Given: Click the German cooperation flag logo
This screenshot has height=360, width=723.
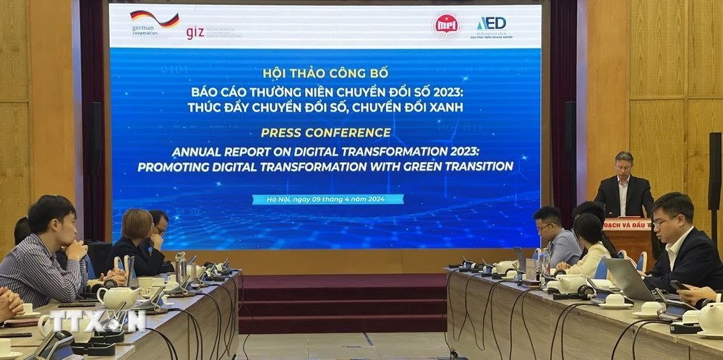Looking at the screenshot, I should (x=154, y=20).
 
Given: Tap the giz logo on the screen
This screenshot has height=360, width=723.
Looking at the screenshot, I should (x=194, y=33).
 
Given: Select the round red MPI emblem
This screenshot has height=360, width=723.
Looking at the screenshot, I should (x=446, y=25).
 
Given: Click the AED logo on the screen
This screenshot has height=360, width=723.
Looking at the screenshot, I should (x=492, y=23).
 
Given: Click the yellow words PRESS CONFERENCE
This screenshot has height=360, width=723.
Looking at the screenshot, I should (x=326, y=132).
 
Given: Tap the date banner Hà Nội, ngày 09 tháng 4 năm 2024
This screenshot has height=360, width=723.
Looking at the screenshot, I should (x=328, y=199).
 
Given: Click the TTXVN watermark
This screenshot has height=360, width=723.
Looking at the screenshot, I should (x=97, y=320).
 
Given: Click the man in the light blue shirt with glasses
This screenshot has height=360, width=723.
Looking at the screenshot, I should (x=557, y=235).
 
